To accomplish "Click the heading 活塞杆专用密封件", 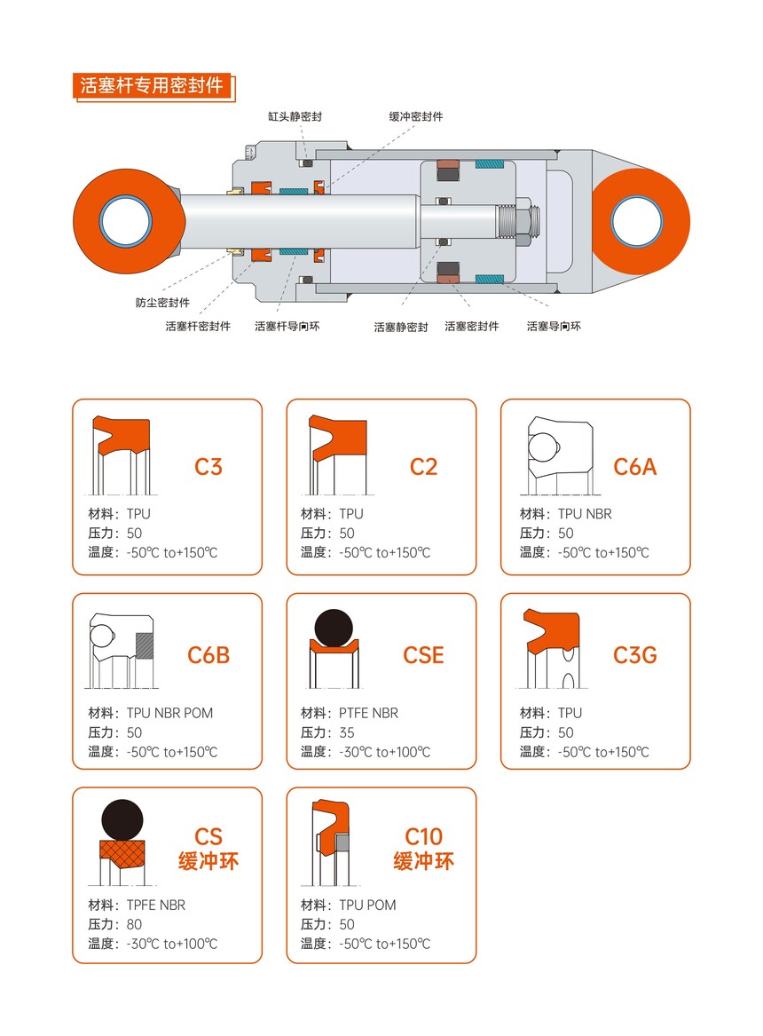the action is (152, 86).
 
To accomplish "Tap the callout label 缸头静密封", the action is (295, 117).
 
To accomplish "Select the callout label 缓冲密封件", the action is (416, 117).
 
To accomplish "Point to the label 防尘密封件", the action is (162, 303).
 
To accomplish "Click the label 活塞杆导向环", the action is (287, 326).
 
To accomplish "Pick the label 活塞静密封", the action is (401, 327).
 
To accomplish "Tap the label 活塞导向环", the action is (554, 326).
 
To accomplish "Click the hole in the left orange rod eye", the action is (125, 221).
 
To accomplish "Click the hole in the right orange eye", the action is (636, 222).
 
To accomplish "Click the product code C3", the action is (208, 466).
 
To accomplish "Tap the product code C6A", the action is (635, 466).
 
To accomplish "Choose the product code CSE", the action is (423, 655).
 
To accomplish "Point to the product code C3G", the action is (635, 655).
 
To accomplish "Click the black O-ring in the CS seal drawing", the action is (122, 820).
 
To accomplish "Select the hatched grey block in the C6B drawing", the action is (145, 645).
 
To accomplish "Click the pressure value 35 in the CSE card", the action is (347, 732).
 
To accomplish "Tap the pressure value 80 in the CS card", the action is (134, 924).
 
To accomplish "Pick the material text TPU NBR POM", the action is (169, 713).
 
